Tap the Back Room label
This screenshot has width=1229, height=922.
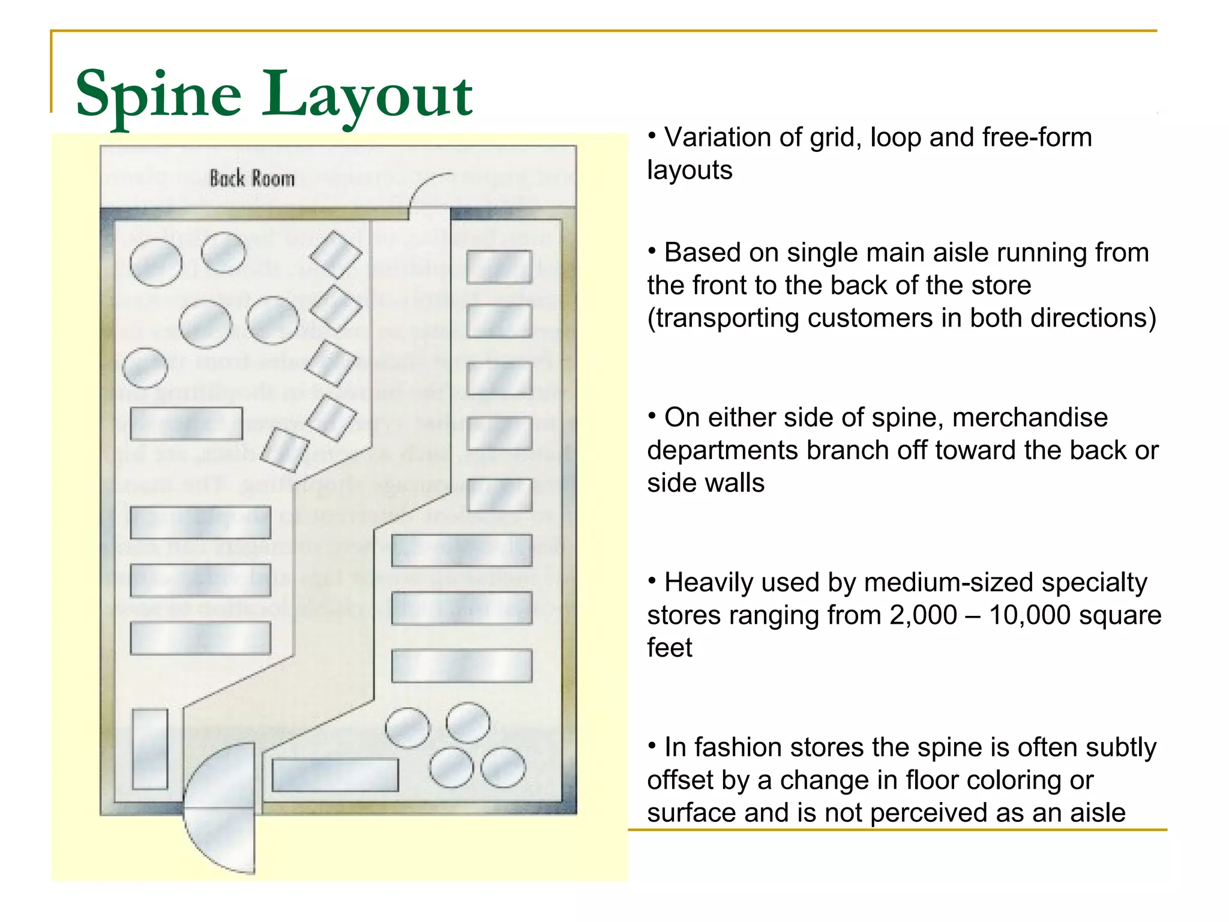252,178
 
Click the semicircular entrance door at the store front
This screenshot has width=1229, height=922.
220,808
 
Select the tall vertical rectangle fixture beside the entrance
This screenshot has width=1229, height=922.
149,749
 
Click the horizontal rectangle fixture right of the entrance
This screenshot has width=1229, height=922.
335,775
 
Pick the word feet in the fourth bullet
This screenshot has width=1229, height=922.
670,648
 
